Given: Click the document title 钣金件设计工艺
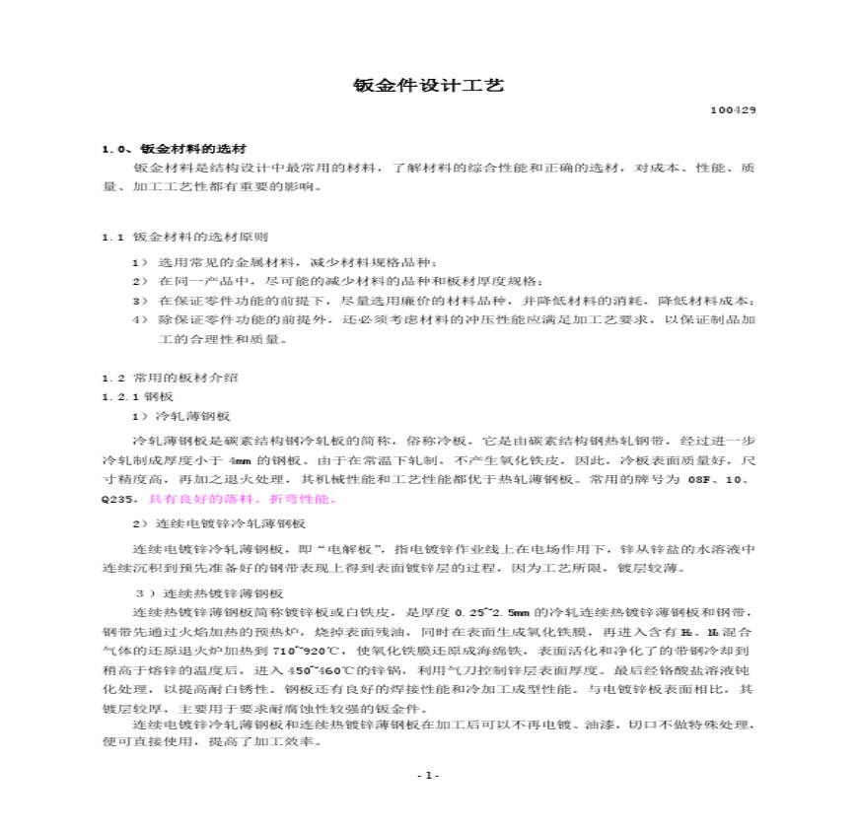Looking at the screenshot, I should pos(428,86).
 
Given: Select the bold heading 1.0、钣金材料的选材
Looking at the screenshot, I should pos(174,149).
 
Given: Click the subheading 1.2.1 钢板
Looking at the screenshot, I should pos(137,396).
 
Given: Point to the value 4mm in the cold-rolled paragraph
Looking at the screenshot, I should pos(239,460).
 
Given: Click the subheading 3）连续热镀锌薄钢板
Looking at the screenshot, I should pos(208,592).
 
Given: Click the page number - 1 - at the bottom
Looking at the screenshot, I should pos(427,776).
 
